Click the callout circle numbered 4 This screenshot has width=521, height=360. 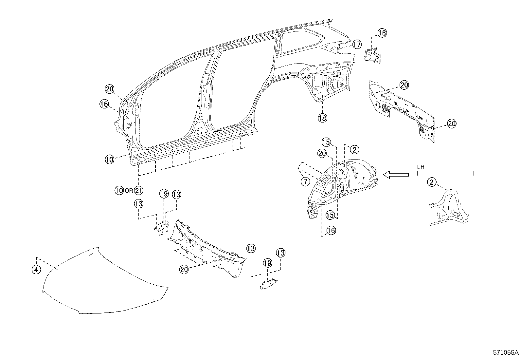(x=36, y=269)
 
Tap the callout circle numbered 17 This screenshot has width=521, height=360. (x=356, y=44)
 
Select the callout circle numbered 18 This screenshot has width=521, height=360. (x=322, y=118)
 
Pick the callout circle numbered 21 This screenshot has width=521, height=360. (x=139, y=190)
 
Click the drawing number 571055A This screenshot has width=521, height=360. (x=506, y=353)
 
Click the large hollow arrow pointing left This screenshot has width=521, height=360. (x=396, y=175)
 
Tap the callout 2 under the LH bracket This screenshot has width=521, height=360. (x=432, y=182)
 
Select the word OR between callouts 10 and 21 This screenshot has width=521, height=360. (x=129, y=191)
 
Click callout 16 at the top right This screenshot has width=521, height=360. (x=382, y=33)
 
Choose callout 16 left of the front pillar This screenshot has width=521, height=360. (x=104, y=104)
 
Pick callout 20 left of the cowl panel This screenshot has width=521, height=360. (x=184, y=269)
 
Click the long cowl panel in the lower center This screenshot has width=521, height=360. (x=209, y=249)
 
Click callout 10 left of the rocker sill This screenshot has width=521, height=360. (x=110, y=160)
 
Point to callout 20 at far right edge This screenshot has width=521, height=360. (x=452, y=124)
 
